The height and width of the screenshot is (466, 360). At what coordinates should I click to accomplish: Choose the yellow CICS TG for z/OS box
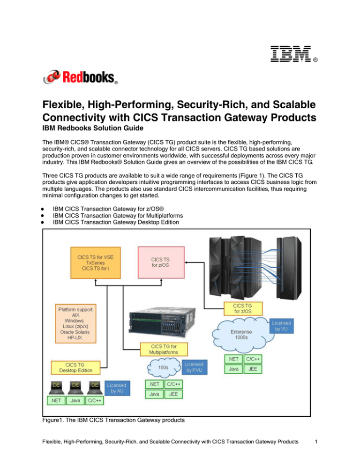[x=243, y=308]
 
